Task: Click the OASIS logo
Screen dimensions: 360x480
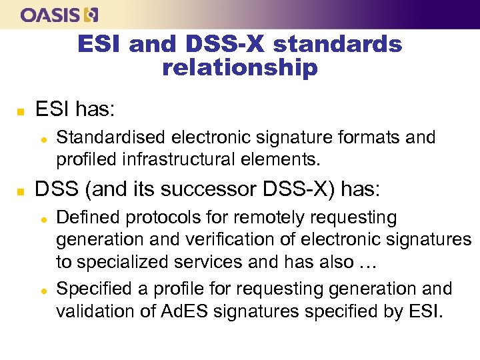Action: click(x=59, y=14)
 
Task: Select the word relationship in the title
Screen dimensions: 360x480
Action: click(x=240, y=67)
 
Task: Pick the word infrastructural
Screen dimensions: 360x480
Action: click(x=179, y=160)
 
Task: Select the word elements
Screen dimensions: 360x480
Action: click(x=283, y=160)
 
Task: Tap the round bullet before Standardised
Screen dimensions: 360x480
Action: click(x=43, y=138)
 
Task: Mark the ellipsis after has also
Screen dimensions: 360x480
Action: click(x=367, y=262)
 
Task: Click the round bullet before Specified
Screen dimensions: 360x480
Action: click(x=43, y=289)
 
